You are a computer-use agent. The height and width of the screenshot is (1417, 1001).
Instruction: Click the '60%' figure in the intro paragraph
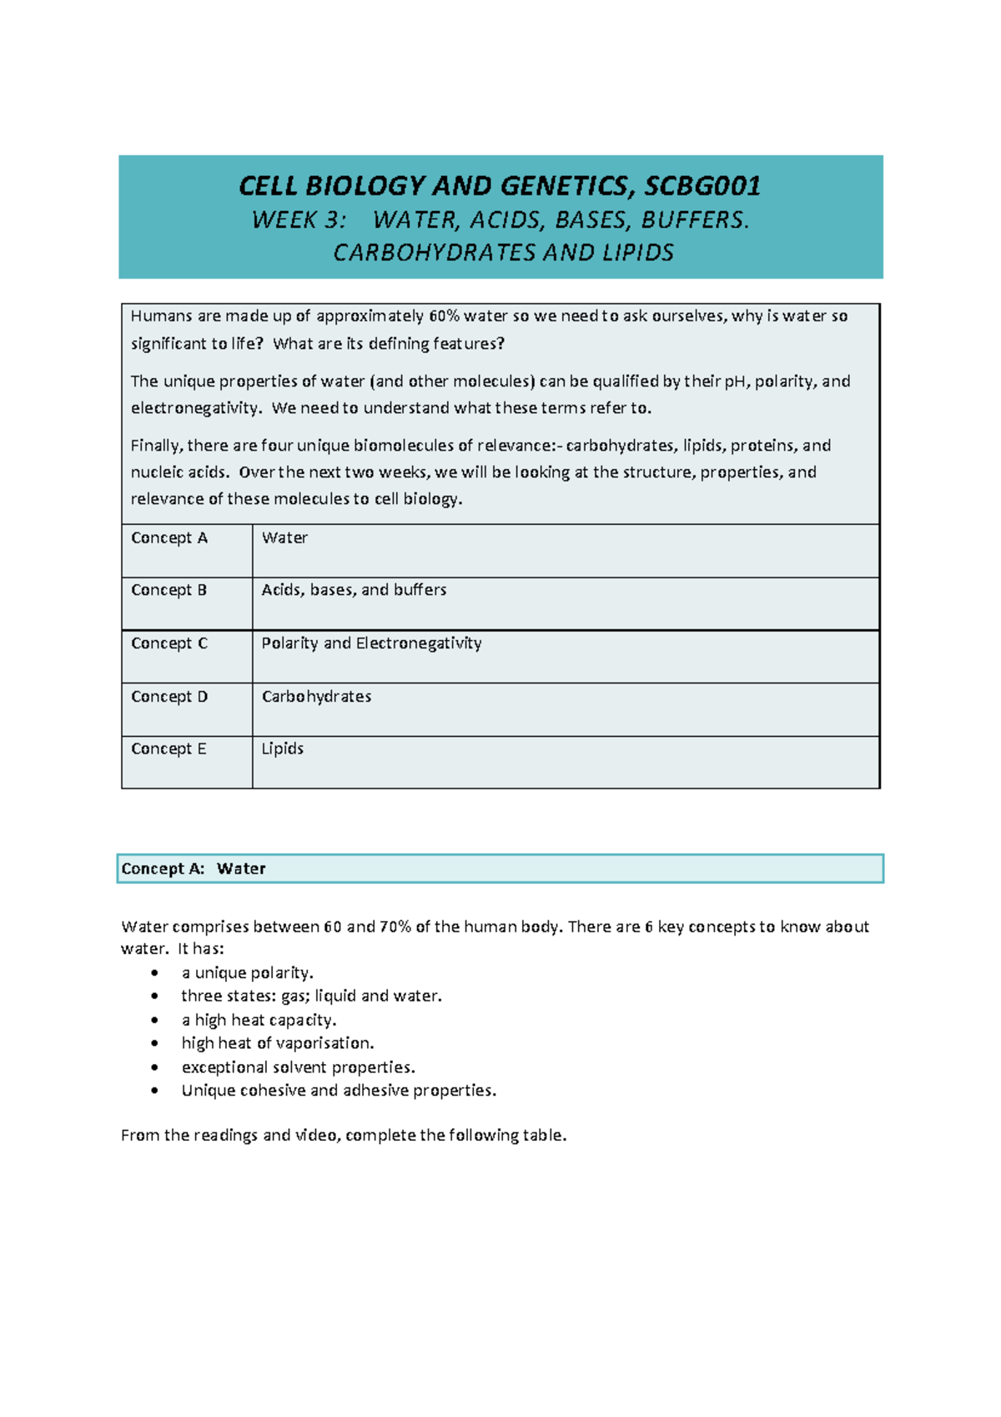point(444,316)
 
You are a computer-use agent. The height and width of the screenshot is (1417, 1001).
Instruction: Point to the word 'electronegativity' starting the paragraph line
point(194,408)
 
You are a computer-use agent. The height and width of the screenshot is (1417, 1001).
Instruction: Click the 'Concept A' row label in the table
point(169,538)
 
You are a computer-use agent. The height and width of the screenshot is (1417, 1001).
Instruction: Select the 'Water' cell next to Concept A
point(284,538)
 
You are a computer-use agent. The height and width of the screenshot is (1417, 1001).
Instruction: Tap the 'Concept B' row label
point(169,590)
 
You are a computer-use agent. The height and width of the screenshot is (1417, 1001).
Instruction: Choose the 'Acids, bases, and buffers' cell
point(354,590)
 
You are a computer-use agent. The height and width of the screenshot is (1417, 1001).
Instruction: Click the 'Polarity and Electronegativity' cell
point(371,643)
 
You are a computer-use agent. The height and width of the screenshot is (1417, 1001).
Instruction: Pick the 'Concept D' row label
point(169,697)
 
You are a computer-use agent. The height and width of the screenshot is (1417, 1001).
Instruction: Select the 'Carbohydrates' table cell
point(316,697)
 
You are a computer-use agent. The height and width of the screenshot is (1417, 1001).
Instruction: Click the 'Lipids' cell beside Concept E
point(282,749)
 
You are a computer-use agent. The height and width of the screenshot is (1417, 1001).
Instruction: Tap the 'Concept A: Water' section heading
point(194,869)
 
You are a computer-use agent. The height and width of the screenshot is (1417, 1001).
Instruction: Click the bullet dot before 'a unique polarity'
point(154,973)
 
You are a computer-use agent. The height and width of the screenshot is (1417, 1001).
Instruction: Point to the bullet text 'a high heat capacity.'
point(259,1020)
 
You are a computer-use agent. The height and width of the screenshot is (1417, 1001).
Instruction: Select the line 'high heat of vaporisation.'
point(277,1043)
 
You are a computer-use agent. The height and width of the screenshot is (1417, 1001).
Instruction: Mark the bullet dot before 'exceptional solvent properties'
point(154,1067)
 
